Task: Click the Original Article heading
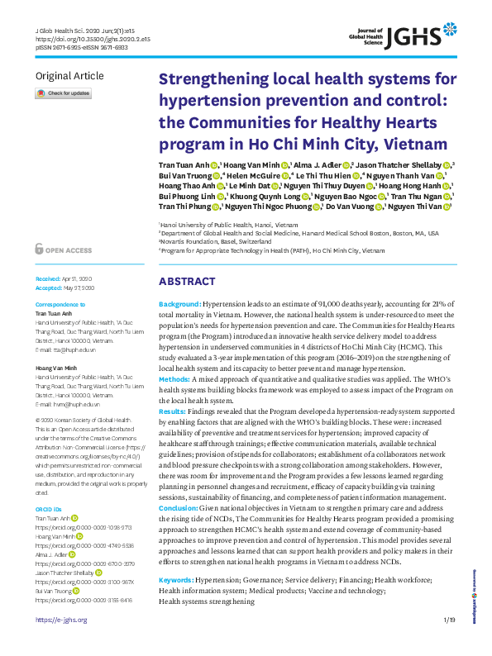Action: click(69, 76)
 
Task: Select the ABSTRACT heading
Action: click(187, 281)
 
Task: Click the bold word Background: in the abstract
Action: click(179, 305)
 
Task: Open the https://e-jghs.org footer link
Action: click(60, 643)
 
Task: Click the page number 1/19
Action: click(449, 643)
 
